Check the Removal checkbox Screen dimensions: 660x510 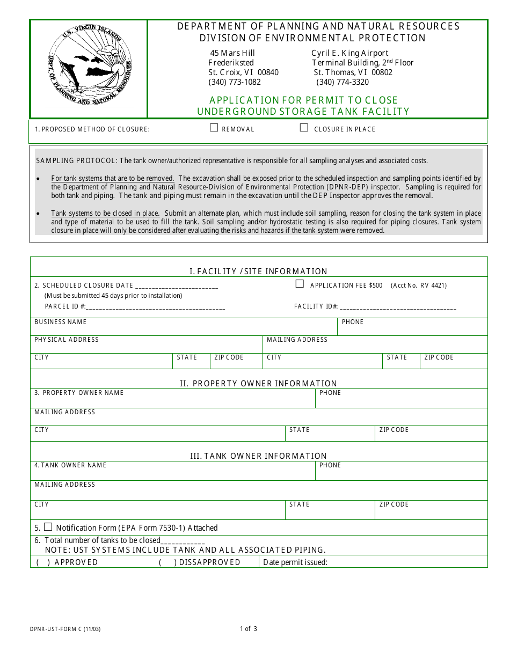[x=214, y=128]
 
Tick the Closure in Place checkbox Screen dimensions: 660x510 [x=304, y=128]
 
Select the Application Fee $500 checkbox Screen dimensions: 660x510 [x=300, y=284]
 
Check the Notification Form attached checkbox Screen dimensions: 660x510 [x=48, y=527]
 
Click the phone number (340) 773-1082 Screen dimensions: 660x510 [x=235, y=82]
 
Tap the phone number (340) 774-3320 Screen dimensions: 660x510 [x=343, y=82]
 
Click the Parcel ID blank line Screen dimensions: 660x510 [x=155, y=307]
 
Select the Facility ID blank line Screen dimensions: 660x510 [x=398, y=307]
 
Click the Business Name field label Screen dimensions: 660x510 [x=60, y=322]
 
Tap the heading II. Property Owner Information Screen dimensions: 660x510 [x=258, y=384]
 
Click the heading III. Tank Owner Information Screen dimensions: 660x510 [x=258, y=456]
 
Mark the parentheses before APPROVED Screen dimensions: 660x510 [x=43, y=562]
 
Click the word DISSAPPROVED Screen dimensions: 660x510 [x=209, y=562]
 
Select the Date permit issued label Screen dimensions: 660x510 [x=295, y=562]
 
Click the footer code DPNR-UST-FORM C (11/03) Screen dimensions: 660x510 [x=65, y=629]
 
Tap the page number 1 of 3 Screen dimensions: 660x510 [x=249, y=629]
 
